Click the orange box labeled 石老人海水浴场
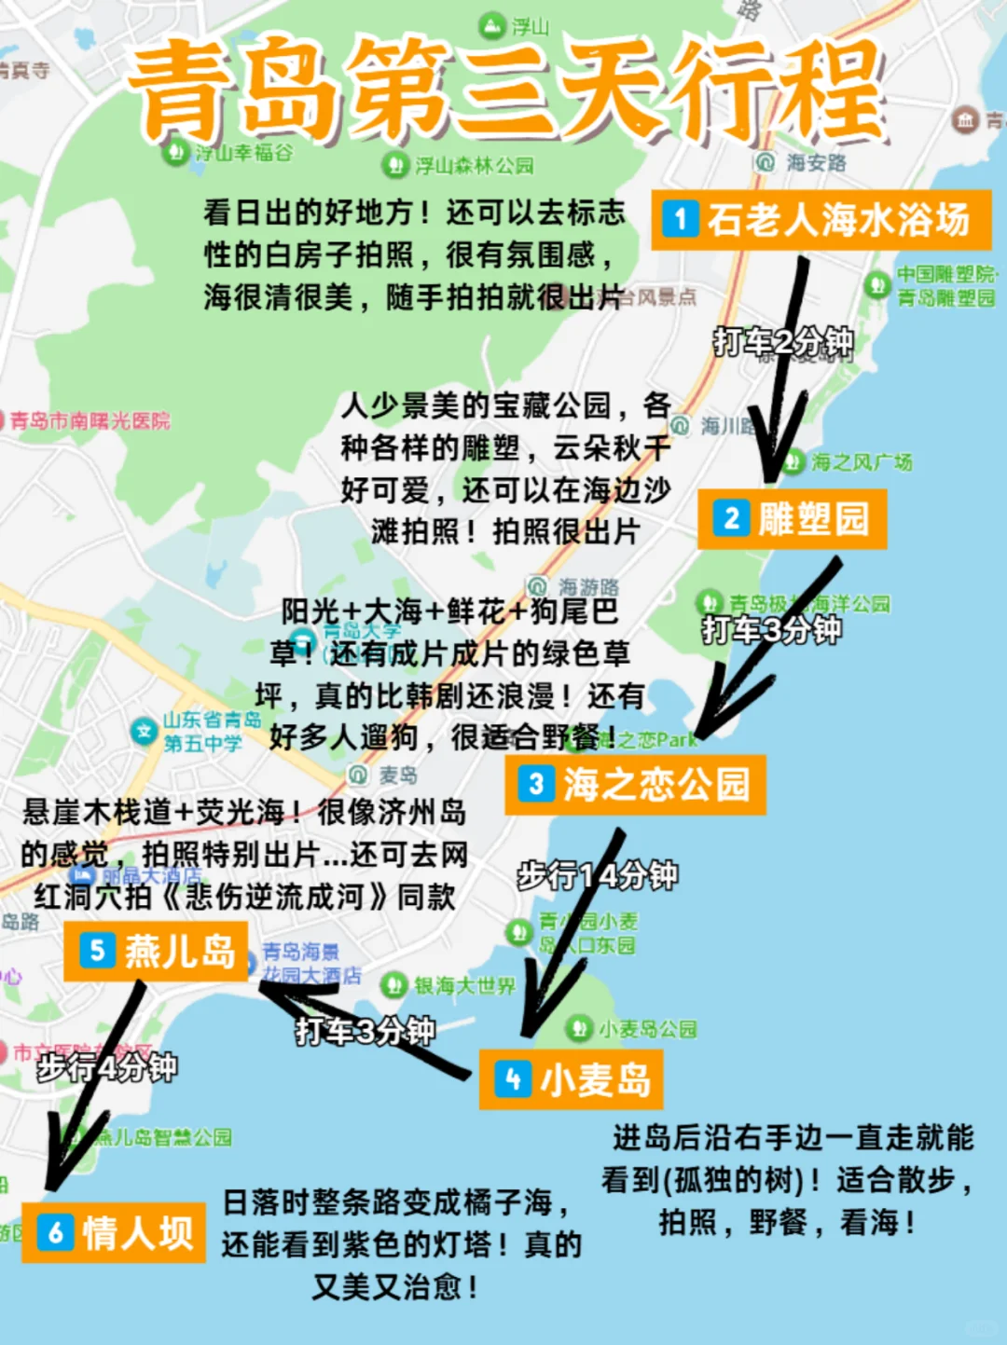821,220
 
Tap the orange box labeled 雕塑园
793,519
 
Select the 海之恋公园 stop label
636,785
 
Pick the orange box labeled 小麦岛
571,1079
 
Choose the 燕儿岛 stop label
156,951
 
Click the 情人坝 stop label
114,1233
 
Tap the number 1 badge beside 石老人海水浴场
681,220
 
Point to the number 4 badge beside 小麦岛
512,1079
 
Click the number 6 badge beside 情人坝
55,1233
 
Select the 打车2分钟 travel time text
783,342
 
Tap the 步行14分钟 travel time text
598,875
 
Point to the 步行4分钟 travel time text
107,1067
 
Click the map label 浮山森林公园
474,166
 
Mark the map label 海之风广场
861,461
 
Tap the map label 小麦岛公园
647,1029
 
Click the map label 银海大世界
463,985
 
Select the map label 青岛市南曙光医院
90,420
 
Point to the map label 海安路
815,162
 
